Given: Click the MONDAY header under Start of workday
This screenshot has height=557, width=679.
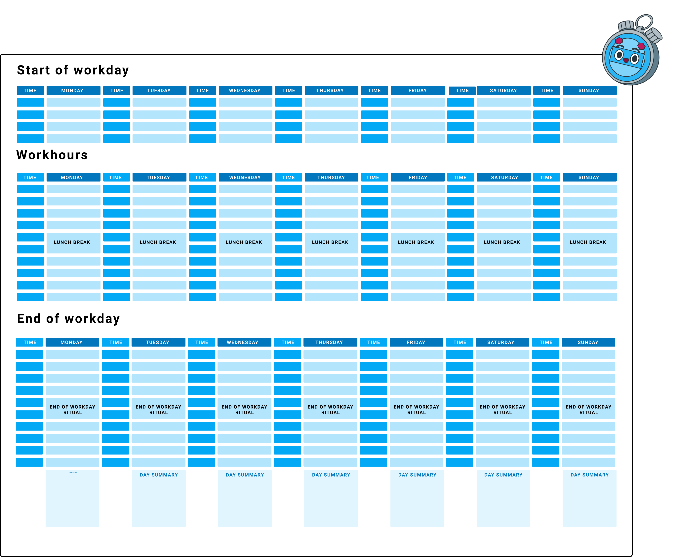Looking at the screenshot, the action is pos(73,90).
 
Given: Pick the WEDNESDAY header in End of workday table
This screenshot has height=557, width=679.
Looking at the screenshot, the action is pos(244,342).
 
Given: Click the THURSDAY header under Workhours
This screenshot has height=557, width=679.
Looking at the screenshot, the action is pos(332,177).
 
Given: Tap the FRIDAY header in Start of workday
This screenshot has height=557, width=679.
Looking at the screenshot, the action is pos(418,90).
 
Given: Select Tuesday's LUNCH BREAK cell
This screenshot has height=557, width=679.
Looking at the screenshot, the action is pos(159,243).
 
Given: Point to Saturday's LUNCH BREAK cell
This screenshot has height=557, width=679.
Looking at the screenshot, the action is pos(504,243).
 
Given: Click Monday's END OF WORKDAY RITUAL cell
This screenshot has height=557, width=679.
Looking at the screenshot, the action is pos(72,408).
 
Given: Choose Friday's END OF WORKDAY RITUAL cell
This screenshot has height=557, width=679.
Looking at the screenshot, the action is pos(417,408).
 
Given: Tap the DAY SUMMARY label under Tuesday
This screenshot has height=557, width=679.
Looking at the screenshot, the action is pos(159,475).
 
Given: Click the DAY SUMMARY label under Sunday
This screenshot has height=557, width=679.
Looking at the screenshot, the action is pos(590,475).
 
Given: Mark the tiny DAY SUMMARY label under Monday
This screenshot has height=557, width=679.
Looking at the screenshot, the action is pos(72,473).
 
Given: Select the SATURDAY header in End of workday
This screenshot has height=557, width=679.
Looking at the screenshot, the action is pos(502,342).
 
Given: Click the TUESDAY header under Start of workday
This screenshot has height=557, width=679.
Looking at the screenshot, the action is pos(159,90).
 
